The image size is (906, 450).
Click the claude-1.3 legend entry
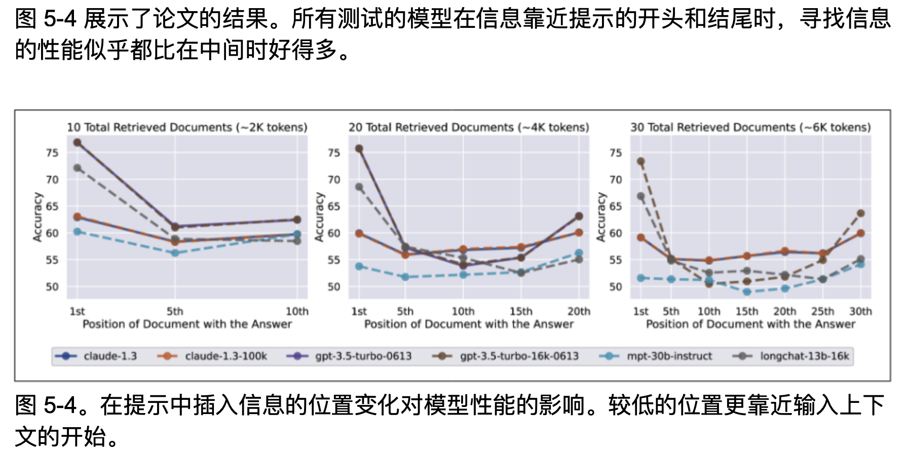[110, 356]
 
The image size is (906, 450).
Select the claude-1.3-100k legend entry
[225, 356]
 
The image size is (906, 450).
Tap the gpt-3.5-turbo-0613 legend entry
[363, 356]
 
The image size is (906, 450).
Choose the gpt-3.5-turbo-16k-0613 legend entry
[519, 356]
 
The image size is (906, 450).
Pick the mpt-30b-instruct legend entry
[669, 356]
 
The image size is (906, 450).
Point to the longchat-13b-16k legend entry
[804, 356]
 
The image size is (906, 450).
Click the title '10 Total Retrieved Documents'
[187, 127]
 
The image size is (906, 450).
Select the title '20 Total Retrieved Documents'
[469, 127]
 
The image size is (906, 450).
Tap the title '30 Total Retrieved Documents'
[750, 127]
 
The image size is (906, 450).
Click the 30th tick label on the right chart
[860, 311]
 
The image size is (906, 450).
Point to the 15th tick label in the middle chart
[521, 311]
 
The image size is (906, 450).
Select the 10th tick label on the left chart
[297, 311]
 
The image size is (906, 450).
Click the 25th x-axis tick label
[822, 311]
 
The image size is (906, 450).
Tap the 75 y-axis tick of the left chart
[52, 153]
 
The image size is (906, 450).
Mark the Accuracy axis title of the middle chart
[319, 216]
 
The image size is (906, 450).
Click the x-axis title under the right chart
[750, 324]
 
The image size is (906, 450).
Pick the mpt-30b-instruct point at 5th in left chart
[175, 252]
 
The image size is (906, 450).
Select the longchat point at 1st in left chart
[78, 168]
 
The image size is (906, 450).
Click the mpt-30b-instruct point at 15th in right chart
[747, 292]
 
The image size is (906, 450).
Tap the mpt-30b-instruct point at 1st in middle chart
[359, 266]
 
